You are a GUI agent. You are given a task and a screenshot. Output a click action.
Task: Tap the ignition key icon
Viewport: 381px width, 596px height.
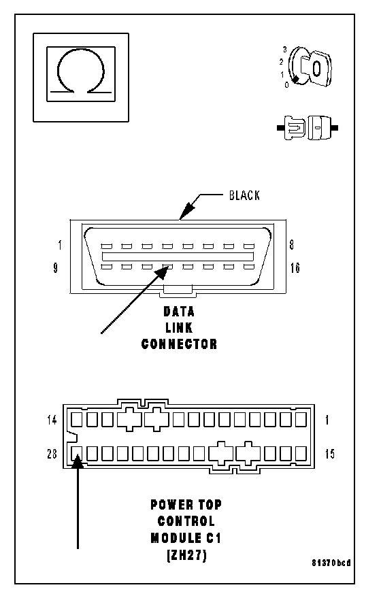309,67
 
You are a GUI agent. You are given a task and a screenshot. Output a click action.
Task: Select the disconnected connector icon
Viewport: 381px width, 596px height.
308,128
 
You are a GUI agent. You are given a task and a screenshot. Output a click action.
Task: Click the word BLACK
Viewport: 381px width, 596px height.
244,195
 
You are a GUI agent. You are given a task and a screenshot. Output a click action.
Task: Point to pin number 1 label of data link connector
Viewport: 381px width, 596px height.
60,245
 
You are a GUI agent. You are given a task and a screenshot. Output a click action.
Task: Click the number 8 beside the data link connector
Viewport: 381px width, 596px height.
292,245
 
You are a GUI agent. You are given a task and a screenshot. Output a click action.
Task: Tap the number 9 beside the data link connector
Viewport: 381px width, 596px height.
56,268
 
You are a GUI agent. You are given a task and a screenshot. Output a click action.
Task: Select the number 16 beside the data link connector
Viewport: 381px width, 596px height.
295,268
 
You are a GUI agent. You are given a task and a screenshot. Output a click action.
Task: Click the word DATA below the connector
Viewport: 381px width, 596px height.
179,312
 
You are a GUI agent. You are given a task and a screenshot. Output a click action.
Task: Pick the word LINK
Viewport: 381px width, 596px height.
179,328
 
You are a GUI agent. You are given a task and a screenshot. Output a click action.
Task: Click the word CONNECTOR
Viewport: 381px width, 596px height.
179,344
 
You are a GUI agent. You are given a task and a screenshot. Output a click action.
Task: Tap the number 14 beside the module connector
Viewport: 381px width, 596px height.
52,420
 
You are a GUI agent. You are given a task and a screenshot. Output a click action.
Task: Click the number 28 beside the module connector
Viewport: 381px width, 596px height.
52,453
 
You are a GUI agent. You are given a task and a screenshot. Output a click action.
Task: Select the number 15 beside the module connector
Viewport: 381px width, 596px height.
330,454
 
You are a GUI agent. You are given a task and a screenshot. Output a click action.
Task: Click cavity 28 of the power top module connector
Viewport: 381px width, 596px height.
76,453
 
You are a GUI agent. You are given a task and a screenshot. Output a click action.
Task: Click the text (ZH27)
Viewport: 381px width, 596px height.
186,555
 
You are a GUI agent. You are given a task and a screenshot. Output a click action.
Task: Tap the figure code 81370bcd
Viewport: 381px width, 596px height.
331,563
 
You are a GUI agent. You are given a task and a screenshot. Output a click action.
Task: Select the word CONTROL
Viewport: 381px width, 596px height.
186,521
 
